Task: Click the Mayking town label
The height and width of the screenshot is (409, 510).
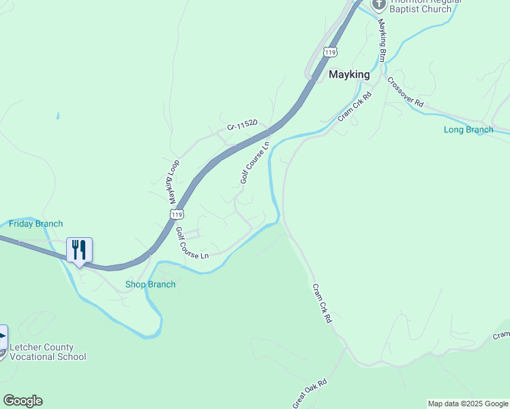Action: point(349,74)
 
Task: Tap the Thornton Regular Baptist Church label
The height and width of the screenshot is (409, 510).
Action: point(423,5)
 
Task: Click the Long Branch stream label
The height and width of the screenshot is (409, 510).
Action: point(468,130)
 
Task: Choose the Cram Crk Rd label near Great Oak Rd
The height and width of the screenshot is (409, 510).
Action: point(322,303)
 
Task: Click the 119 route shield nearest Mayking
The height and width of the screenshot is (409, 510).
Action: point(331,52)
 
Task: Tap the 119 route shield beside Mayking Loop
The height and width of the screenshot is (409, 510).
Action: point(177,214)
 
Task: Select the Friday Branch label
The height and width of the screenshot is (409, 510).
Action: point(35,224)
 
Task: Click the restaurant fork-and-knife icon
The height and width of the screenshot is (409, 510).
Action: point(79,249)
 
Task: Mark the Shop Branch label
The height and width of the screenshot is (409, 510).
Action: point(150,284)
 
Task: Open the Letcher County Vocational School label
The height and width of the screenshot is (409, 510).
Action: point(48,352)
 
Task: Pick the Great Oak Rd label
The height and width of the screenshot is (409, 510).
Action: point(310,394)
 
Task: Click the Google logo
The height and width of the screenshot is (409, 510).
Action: point(22,401)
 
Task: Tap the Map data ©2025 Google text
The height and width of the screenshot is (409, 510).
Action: point(468,404)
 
